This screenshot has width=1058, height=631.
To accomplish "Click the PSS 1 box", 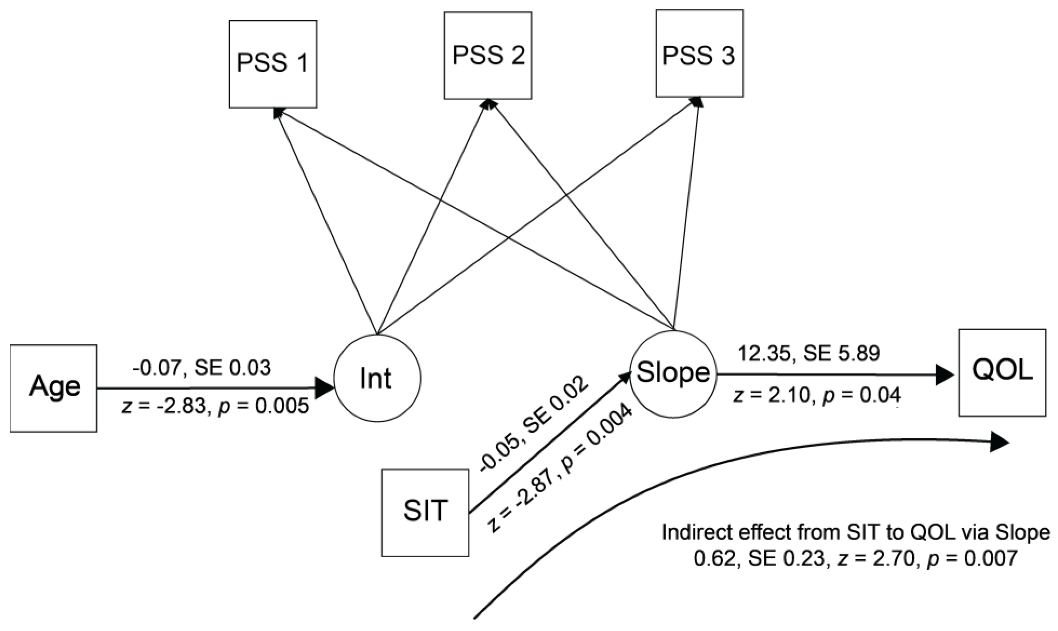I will (x=273, y=64).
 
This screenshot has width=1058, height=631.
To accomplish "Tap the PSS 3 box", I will (x=699, y=54).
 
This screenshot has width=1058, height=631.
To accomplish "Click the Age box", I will (x=54, y=388).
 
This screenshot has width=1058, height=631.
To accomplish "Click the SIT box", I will (x=425, y=513).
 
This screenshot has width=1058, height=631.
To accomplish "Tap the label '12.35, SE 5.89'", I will (x=809, y=353).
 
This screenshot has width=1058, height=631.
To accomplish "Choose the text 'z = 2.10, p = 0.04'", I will (x=816, y=396).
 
